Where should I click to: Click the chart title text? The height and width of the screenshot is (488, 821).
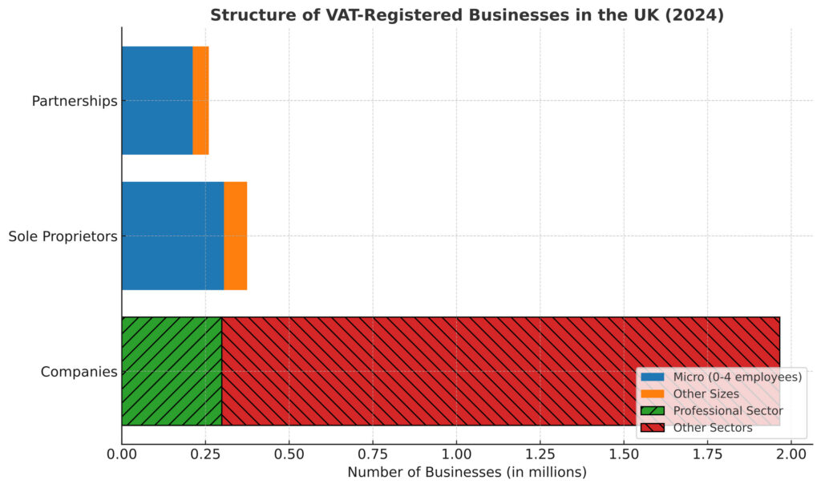[467, 15]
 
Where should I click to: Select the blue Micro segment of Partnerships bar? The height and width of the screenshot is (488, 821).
[157, 100]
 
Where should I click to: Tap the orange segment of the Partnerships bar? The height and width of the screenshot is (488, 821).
[200, 100]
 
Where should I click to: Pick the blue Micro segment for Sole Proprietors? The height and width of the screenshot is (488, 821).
[172, 236]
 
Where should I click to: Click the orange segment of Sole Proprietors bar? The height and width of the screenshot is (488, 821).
[235, 236]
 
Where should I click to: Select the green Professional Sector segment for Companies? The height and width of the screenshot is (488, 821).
[172, 371]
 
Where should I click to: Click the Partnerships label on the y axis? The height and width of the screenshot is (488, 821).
[75, 101]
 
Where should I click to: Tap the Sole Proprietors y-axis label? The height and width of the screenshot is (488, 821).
[63, 236]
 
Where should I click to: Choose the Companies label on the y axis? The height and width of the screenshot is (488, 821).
[79, 372]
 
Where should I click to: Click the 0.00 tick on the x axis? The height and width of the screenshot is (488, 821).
[122, 455]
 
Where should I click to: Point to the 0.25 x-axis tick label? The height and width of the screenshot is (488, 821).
[205, 455]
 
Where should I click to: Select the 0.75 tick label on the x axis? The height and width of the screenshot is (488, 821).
[373, 455]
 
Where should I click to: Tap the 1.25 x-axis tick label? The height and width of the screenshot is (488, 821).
[540, 455]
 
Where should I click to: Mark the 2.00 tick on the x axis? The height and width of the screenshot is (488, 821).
[791, 455]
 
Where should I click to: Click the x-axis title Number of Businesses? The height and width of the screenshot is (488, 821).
[467, 472]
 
